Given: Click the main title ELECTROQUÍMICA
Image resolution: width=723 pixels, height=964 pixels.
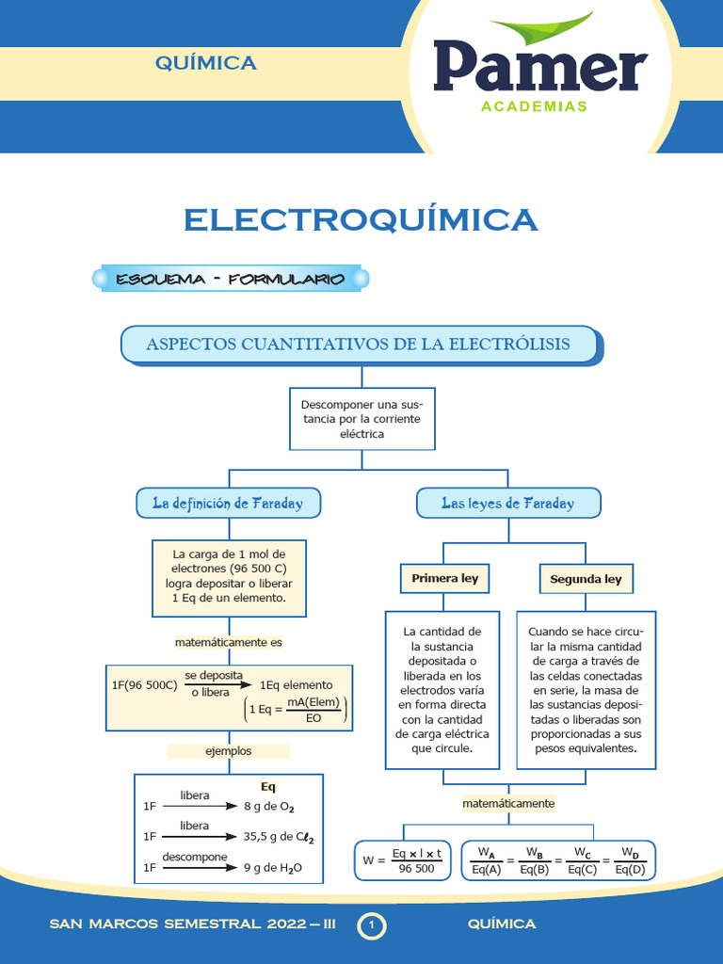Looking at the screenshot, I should (x=361, y=219).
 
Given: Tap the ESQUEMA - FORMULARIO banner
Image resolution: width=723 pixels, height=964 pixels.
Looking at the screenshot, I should (x=230, y=279).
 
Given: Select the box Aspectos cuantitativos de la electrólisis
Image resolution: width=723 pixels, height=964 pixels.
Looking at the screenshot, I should (x=359, y=345).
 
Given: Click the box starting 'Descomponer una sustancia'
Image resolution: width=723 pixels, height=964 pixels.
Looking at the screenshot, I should (x=361, y=419).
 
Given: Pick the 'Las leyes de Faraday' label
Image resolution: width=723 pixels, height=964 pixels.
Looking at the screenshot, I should (x=508, y=504).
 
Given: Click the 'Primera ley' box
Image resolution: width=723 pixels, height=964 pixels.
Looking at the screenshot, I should (x=444, y=579).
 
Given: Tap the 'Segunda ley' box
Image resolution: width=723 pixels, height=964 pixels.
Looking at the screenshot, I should (x=586, y=579).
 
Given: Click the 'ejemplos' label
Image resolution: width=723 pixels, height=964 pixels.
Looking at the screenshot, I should (x=229, y=751).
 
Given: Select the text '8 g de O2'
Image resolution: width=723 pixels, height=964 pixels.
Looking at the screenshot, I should (x=269, y=807).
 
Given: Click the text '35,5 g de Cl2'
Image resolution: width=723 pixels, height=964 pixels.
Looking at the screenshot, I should (x=279, y=836).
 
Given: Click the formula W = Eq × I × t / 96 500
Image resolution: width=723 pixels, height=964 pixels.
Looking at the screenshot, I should (x=403, y=860).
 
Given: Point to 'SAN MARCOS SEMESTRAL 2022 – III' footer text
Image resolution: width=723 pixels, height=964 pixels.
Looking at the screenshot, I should (x=193, y=924).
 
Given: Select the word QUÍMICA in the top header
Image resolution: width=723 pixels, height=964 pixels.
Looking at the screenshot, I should (x=205, y=63).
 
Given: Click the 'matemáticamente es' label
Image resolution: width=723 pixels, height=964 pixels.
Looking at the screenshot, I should (x=229, y=642).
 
